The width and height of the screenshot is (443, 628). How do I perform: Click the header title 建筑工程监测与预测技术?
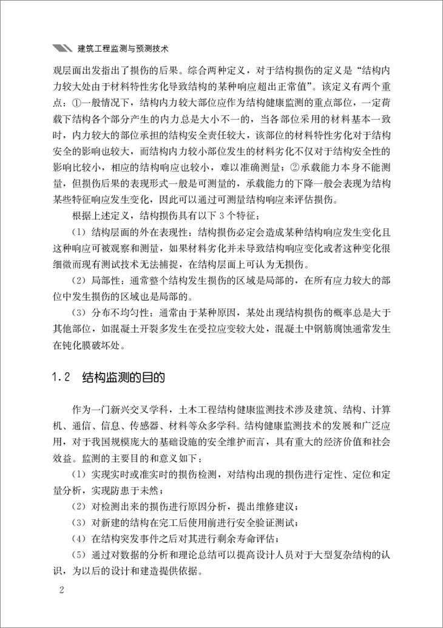124,47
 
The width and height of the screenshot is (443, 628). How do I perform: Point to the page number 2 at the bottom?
58,590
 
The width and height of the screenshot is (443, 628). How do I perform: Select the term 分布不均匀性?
121,313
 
